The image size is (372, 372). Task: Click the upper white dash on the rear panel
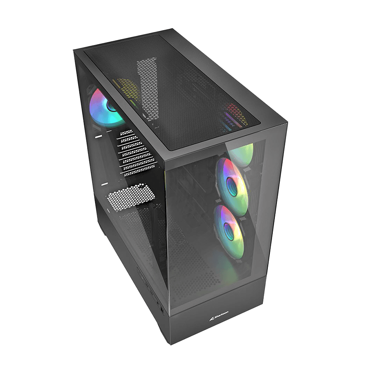(98, 136)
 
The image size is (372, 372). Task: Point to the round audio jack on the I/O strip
(160, 308)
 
